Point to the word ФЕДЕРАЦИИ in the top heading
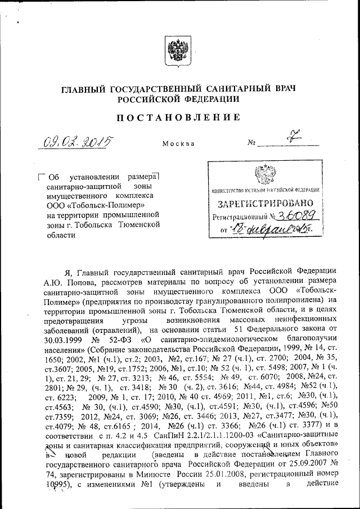pyautogui.click(x=211, y=99)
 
